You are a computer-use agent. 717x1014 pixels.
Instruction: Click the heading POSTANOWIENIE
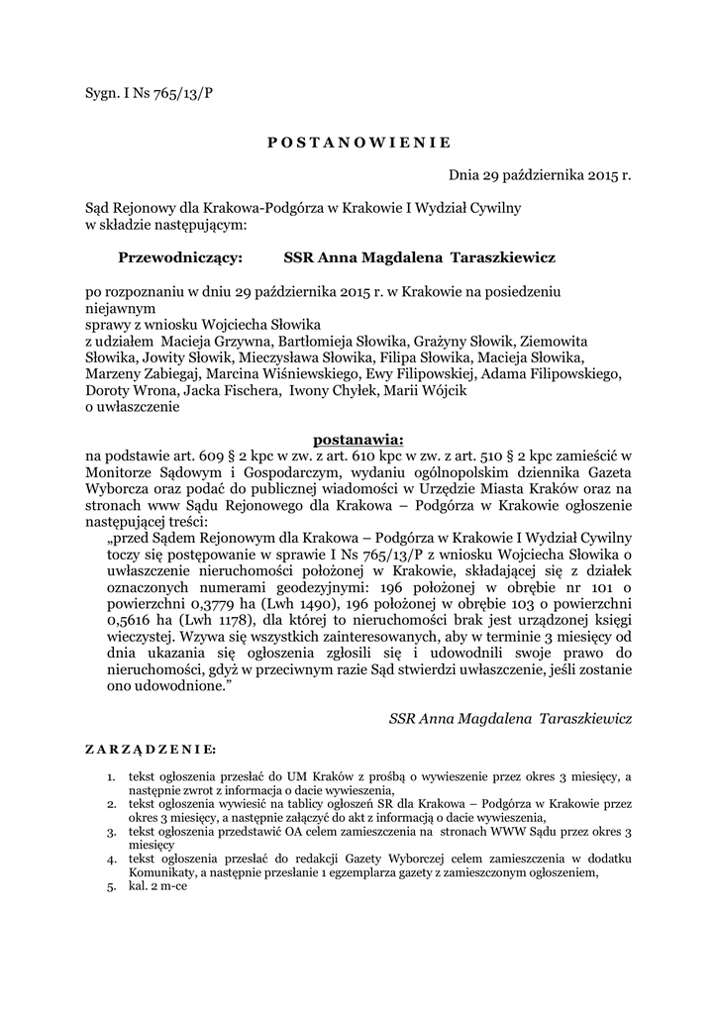(358, 141)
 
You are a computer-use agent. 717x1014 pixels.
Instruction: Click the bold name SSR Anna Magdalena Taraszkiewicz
(420, 257)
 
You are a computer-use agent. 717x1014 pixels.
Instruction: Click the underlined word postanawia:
(358, 437)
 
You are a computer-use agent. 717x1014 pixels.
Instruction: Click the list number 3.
(113, 833)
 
